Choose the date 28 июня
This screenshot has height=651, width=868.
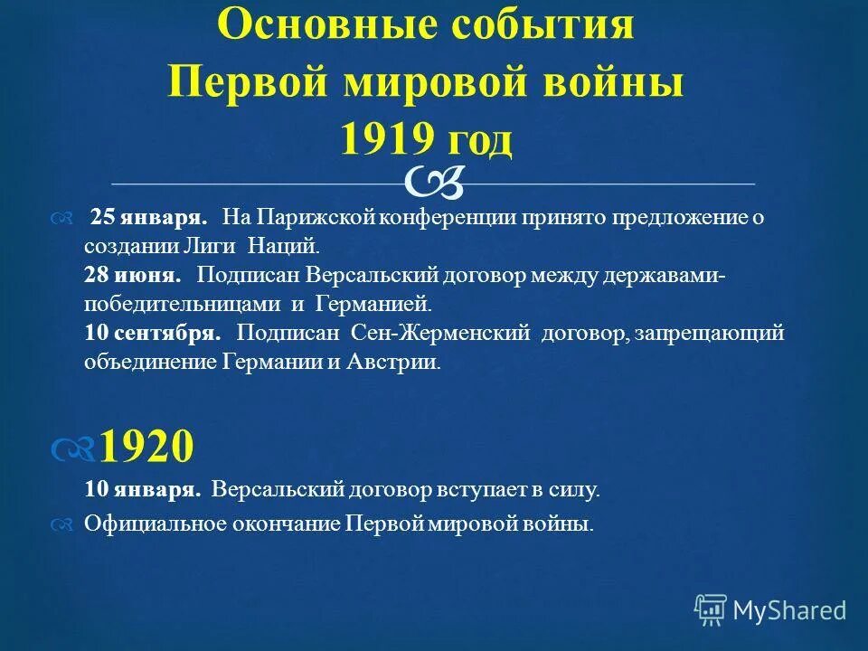[x=132, y=274]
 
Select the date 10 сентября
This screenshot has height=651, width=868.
[x=153, y=333]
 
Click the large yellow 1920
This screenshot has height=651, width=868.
[x=146, y=446]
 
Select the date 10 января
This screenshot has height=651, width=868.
[x=142, y=491]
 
